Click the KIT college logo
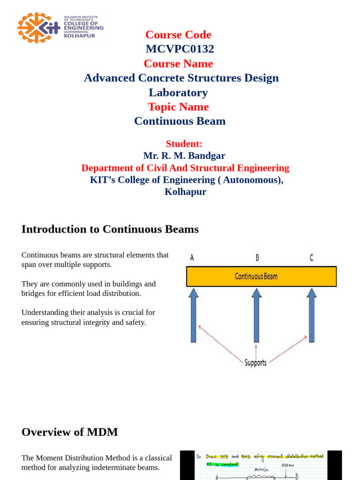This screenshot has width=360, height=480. tap(60, 27)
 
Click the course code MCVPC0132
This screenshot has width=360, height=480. tap(180, 49)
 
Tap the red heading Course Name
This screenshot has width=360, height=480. tap(178, 63)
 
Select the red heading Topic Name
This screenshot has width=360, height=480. tap(178, 107)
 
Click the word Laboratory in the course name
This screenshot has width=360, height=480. tap(178, 92)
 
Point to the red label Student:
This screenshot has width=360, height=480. tap(184, 143)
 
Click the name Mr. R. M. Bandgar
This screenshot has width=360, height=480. tap(184, 155)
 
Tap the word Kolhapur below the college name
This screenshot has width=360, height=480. tap(185, 192)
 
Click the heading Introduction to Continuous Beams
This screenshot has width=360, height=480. tap(110, 229)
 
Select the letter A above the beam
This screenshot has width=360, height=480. tap(192, 258)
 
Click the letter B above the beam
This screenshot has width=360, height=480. tap(257, 257)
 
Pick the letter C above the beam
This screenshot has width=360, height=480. tap(311, 257)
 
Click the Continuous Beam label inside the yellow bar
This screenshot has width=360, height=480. tap(256, 277)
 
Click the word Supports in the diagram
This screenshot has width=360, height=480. tap(255, 362)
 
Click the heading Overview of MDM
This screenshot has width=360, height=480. tap(69, 432)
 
